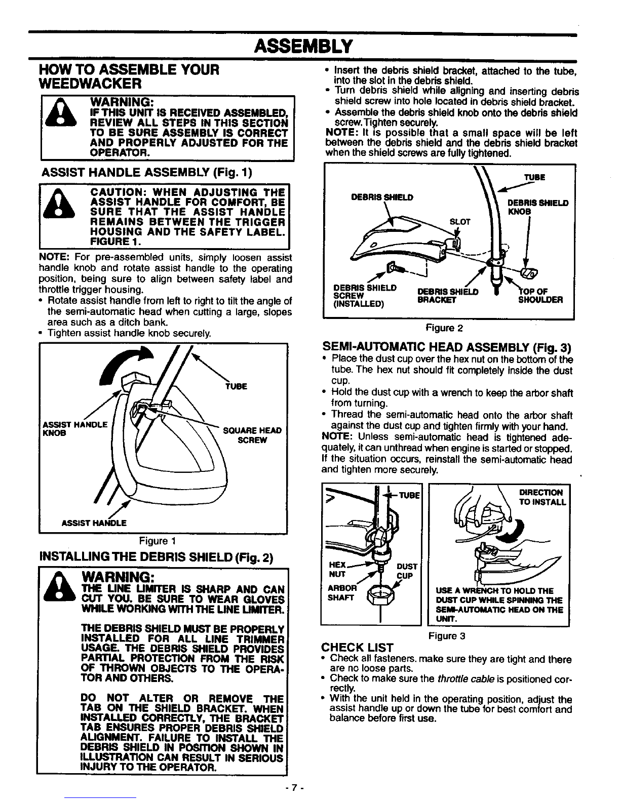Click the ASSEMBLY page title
[303, 47]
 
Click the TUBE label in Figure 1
[237, 386]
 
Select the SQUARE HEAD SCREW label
[252, 435]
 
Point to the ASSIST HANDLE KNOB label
[75, 429]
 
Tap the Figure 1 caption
[158, 541]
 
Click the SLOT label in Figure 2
[460, 222]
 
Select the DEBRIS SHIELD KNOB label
[538, 207]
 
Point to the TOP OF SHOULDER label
[540, 296]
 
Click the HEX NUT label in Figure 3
[337, 570]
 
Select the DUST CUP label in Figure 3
[407, 571]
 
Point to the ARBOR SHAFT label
[342, 593]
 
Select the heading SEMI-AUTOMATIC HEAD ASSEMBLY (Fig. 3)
[447, 347]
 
